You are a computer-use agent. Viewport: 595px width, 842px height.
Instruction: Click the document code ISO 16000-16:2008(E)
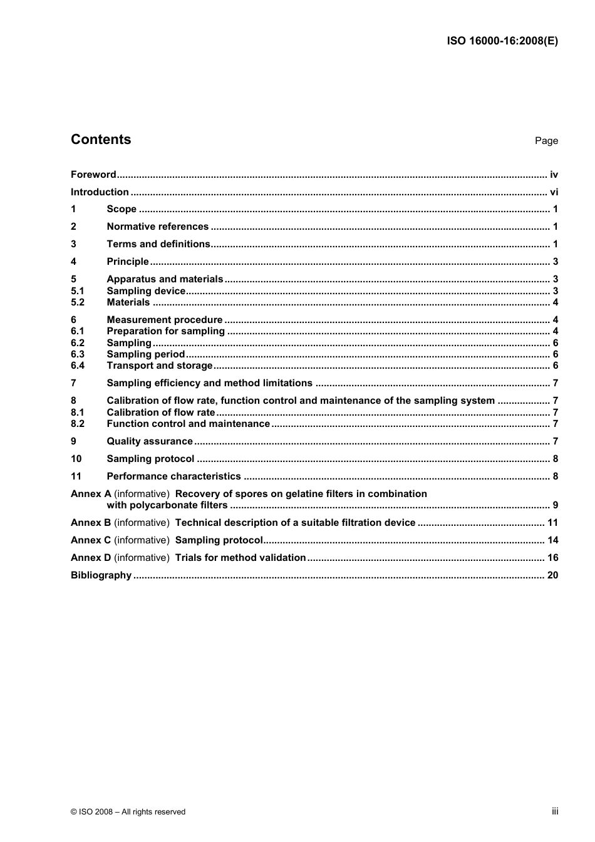point(502,41)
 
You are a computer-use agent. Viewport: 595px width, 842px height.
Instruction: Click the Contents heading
point(101,140)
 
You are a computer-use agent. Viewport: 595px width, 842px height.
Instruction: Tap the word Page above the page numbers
point(546,141)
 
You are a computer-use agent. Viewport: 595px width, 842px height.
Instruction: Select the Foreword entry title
point(93,175)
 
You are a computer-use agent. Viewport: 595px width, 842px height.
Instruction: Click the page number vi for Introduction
point(554,192)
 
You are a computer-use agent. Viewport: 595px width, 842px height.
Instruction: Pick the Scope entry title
point(122,209)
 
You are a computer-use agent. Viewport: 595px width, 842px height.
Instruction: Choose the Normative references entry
point(157,227)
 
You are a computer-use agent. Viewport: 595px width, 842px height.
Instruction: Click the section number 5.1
point(77,291)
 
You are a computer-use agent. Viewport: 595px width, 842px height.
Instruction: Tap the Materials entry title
point(128,302)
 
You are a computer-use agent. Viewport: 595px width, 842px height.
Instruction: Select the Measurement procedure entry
point(164,320)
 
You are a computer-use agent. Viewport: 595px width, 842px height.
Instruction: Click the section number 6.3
point(77,354)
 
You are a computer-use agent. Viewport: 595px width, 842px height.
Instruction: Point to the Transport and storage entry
point(160,366)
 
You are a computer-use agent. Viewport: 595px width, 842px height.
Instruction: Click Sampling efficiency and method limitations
point(209,383)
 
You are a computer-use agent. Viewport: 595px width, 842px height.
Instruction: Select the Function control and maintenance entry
point(188,424)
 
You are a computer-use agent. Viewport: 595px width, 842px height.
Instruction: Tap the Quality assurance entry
point(150,441)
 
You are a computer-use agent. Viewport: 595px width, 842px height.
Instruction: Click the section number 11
point(76,476)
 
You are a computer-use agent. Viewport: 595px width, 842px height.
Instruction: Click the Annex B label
point(91,523)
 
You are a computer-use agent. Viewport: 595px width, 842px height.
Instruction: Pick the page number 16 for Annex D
point(552,558)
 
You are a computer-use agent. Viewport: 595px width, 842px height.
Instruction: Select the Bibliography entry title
point(101,575)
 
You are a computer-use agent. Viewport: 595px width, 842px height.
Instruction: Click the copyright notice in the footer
point(128,812)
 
